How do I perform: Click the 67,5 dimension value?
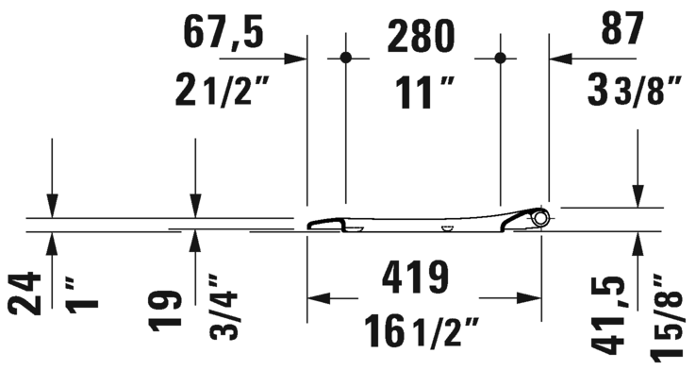pyautogui.click(x=224, y=34)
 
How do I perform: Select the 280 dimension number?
pyautogui.click(x=422, y=37)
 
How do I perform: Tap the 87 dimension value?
pyautogui.click(x=622, y=29)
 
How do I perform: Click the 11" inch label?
pyautogui.click(x=425, y=92)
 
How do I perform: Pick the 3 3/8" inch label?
pyautogui.click(x=635, y=91)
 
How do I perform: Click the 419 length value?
pyautogui.click(x=416, y=277)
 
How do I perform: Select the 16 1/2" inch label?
pyautogui.click(x=422, y=331)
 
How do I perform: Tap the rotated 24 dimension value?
pyautogui.click(x=25, y=294)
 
